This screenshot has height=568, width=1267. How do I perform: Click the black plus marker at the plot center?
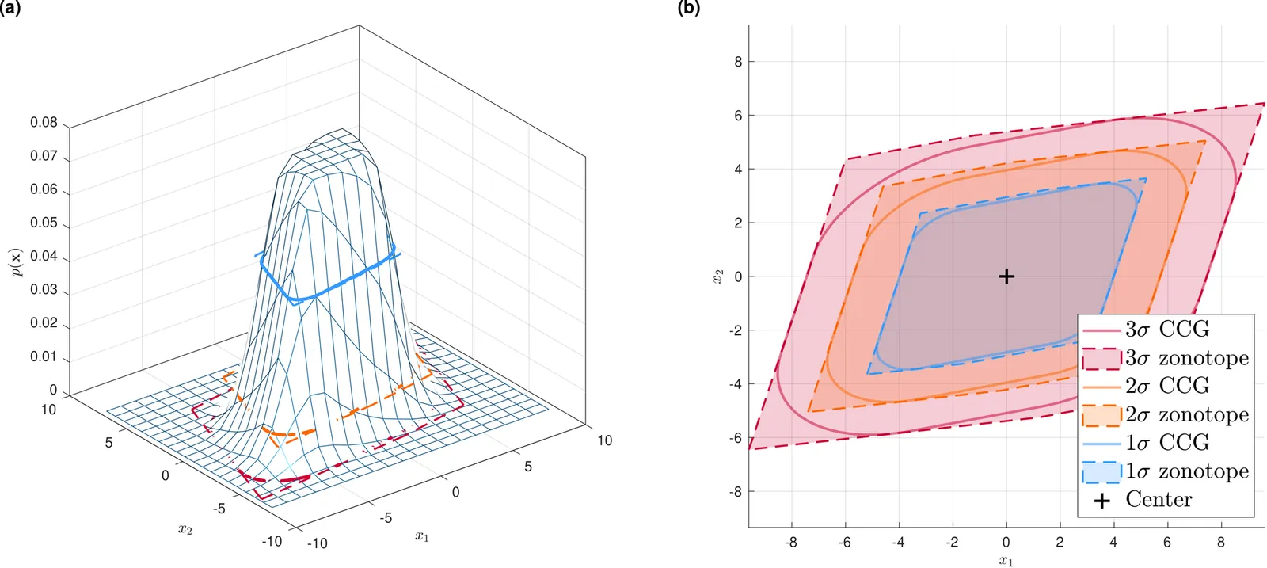click(1006, 276)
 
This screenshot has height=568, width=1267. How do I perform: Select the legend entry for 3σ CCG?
click(1166, 330)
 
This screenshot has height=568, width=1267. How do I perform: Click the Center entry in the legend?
click(1159, 500)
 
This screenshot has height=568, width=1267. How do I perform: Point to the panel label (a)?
click(10, 8)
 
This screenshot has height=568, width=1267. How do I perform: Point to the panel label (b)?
click(688, 8)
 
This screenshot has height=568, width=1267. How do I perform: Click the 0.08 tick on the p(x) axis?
click(44, 123)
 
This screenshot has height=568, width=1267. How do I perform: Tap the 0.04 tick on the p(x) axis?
click(44, 256)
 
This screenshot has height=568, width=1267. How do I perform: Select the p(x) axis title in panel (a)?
click(16, 262)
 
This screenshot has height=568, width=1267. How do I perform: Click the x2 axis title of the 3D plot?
click(185, 529)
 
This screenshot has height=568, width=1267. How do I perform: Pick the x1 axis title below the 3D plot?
click(421, 537)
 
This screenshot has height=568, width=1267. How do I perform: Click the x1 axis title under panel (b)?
click(1006, 561)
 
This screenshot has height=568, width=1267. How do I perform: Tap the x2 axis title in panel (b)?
click(717, 276)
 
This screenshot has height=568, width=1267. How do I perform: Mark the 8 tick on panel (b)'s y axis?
click(738, 62)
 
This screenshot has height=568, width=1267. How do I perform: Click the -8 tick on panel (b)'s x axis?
click(790, 543)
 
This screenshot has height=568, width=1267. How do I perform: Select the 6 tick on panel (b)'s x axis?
click(1166, 543)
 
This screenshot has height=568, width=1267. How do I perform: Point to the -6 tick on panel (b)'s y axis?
click(736, 438)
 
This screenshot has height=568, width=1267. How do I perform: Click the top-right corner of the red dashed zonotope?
click(1263, 103)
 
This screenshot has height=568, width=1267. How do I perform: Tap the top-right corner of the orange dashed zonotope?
click(1205, 141)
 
